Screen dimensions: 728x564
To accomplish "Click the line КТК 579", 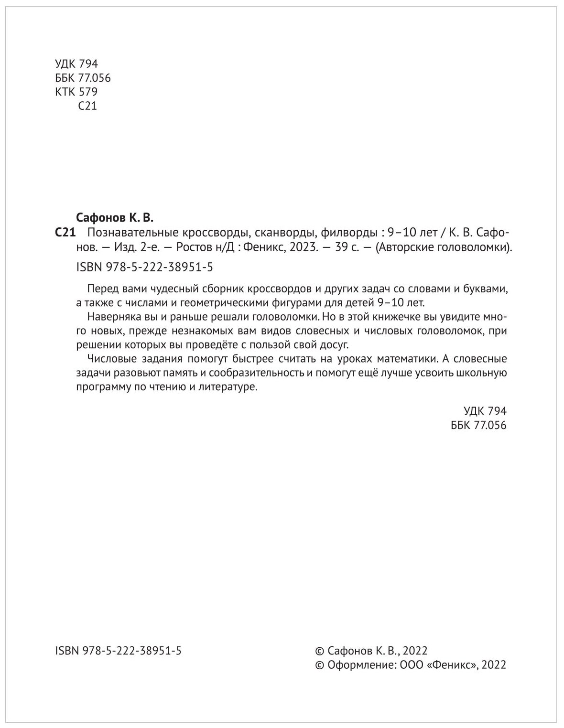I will pyautogui.click(x=76, y=92).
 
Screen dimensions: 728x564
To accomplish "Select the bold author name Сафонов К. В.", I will pyautogui.click(x=115, y=218).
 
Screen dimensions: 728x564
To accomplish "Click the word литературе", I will pyautogui.click(x=228, y=387).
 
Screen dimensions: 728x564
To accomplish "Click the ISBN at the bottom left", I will pyautogui.click(x=119, y=651).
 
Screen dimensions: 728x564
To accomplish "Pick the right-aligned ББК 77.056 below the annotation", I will pyautogui.click(x=478, y=425).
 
